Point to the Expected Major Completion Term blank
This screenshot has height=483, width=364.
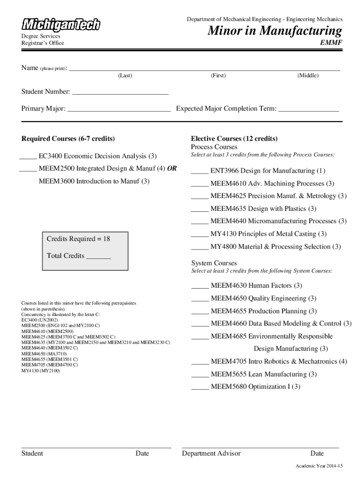coord(308,111)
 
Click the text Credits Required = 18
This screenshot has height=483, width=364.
coord(78,239)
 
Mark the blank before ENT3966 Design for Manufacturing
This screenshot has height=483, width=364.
coord(199,173)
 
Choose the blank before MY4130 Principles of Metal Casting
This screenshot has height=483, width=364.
coord(199,236)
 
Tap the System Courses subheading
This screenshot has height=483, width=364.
coord(214,263)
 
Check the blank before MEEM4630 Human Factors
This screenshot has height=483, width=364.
coord(199,288)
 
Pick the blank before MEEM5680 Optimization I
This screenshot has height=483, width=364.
coord(199,389)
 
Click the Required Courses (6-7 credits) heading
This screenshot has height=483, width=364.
coord(68,139)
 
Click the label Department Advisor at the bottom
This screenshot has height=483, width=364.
coord(211,454)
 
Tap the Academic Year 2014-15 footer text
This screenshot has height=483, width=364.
coord(319,466)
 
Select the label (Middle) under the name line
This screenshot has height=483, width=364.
coord(308,75)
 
